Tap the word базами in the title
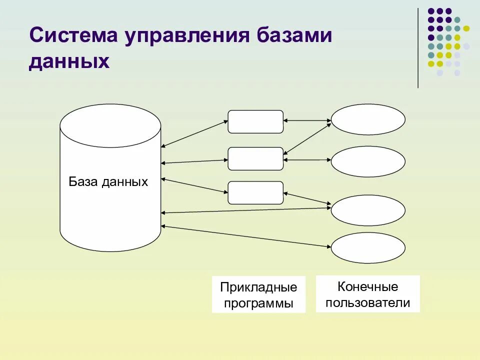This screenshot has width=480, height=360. point(295,36)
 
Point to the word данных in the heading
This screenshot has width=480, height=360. point(69,61)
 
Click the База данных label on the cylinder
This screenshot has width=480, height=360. point(108,181)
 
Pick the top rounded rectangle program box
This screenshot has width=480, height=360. point(255,121)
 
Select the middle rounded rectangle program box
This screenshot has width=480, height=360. point(255,158)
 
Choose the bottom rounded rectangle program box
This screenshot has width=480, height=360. point(255,192)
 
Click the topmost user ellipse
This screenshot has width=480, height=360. point(368,119)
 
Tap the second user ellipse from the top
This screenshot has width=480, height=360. point(368,161)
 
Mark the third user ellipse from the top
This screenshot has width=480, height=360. point(368,210)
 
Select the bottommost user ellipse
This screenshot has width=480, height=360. point(368,248)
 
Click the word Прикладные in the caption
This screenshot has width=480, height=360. point(258,287)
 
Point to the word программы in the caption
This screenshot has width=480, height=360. point(258,303)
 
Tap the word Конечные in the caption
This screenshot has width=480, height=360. point(367,287)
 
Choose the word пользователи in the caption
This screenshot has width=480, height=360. point(367,303)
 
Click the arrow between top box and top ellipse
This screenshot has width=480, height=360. point(307,120)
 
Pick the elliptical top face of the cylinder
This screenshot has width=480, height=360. point(110,125)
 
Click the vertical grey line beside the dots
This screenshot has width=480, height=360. point(418,48)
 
